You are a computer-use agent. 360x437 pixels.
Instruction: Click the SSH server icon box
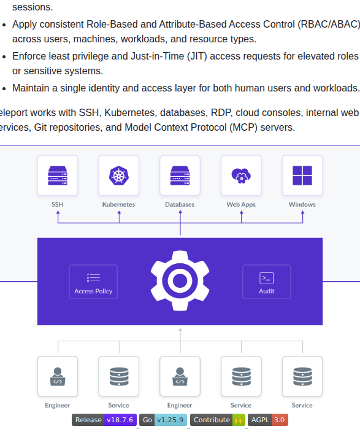tap(58, 176)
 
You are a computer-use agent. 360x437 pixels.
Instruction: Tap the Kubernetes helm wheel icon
tap(118, 176)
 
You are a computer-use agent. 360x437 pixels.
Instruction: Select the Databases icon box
tap(180, 176)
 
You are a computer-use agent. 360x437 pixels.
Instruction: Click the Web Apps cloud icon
tap(241, 176)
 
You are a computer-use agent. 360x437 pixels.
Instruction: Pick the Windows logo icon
tap(302, 176)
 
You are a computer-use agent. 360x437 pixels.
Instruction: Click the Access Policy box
tap(93, 282)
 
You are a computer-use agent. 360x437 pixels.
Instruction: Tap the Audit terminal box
tap(266, 282)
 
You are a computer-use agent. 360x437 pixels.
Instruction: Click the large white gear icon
tap(180, 280)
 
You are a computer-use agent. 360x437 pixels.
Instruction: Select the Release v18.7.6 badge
tap(104, 420)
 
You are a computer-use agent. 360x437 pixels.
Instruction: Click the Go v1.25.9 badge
tap(163, 420)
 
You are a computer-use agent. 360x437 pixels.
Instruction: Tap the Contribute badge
tap(218, 420)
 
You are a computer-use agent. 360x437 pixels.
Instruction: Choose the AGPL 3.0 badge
tap(268, 420)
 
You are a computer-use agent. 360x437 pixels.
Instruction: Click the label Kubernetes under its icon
tap(118, 204)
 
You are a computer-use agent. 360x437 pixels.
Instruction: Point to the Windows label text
tap(302, 204)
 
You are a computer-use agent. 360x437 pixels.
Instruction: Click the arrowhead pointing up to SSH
tap(58, 212)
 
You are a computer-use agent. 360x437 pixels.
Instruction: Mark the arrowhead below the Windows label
tap(302, 212)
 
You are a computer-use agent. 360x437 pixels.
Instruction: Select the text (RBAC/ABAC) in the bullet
tap(329, 25)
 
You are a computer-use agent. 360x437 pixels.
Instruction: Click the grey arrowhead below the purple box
tap(180, 330)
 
